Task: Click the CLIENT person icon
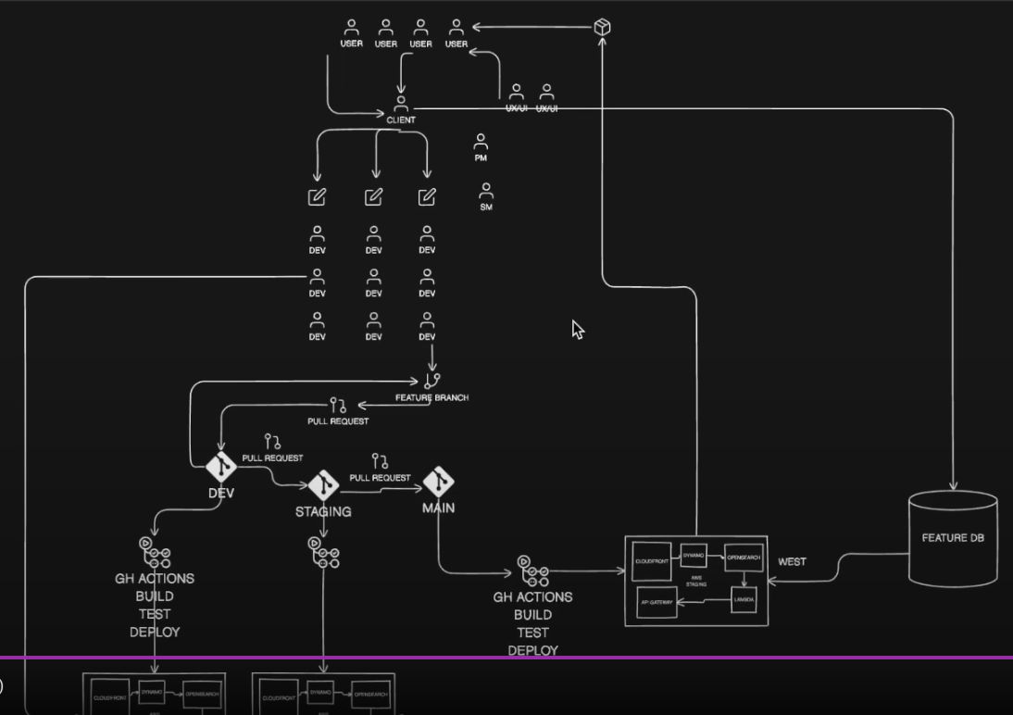coord(401,104)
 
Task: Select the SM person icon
coord(486,192)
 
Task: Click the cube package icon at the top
coord(602,27)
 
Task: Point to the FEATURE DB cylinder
coord(953,538)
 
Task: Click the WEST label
coord(792,561)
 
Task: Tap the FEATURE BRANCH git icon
coord(431,380)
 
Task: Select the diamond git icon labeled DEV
coord(221,467)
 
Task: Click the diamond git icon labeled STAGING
coord(323,484)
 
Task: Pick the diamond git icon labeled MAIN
coord(438,482)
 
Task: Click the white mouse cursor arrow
coord(577,329)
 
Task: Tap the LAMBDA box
coord(744,600)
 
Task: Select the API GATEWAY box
coord(656,602)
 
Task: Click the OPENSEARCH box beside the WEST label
coord(743,558)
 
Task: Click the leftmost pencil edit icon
coord(317,196)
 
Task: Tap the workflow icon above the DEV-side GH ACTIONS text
coord(154,553)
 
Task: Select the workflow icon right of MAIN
coord(532,571)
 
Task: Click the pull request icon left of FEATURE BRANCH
coord(338,405)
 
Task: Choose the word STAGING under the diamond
coord(323,511)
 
